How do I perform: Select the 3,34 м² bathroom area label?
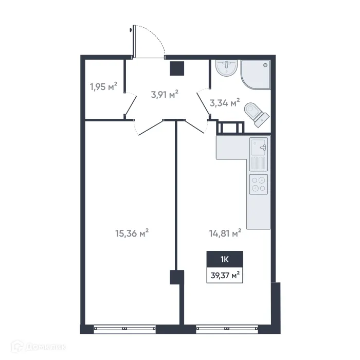(x=225, y=103)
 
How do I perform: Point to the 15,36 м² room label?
(x=132, y=233)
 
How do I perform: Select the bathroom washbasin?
(x=226, y=68)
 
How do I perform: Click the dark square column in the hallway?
(x=177, y=68)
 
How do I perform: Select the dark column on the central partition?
(x=176, y=277)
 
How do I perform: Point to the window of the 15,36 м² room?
(x=124, y=327)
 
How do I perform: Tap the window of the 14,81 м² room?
(x=226, y=327)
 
